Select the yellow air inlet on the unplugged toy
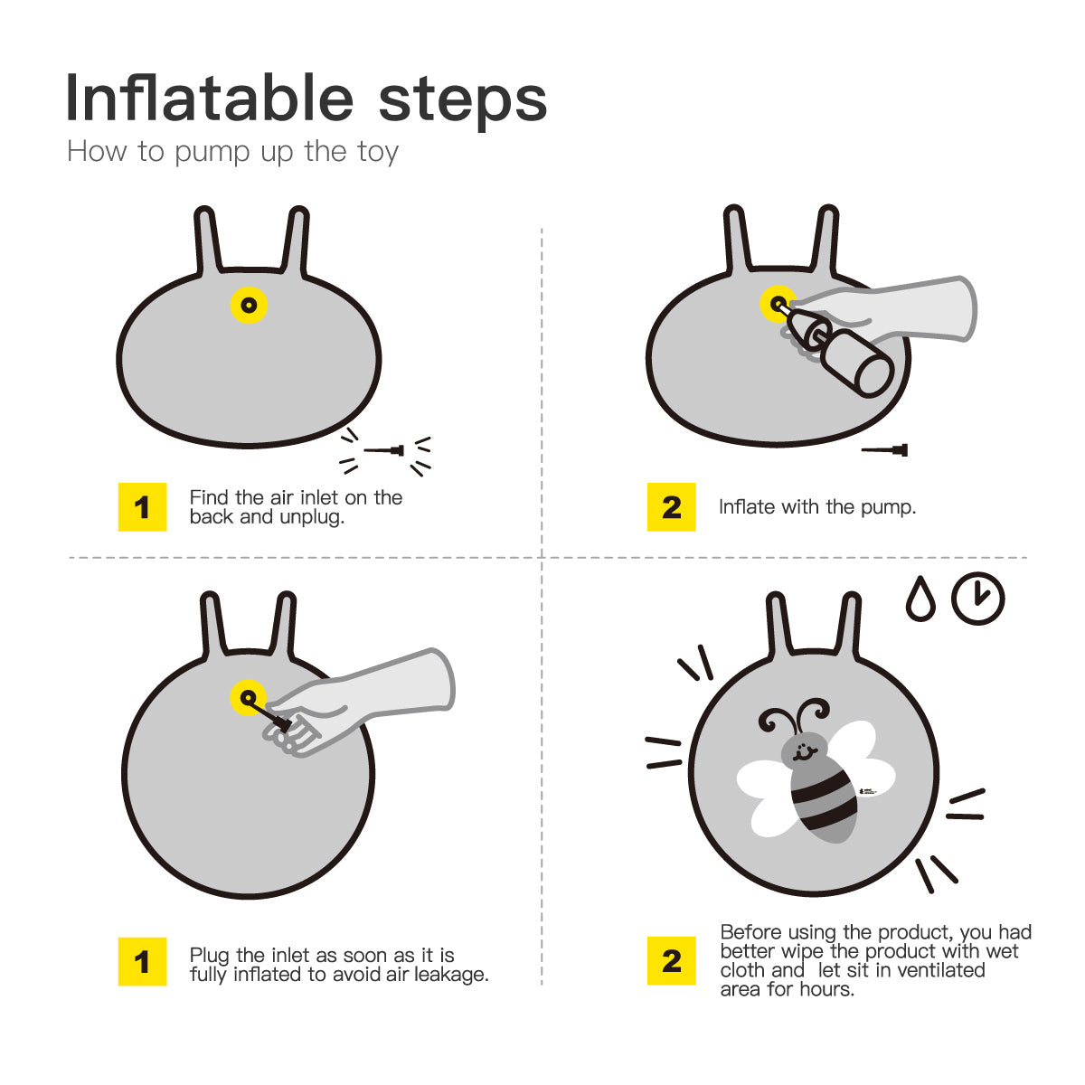click(x=249, y=306)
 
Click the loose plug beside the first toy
click(x=384, y=450)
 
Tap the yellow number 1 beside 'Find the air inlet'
click(x=143, y=506)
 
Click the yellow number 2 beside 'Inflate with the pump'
click(x=671, y=506)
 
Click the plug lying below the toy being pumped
click(x=884, y=450)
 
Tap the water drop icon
click(x=920, y=599)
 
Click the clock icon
click(x=978, y=599)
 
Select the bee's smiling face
click(x=804, y=751)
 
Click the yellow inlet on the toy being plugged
click(x=249, y=698)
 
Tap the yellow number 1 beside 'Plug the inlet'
click(x=143, y=962)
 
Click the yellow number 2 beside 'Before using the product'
click(x=671, y=960)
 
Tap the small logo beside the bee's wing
click(x=868, y=792)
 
